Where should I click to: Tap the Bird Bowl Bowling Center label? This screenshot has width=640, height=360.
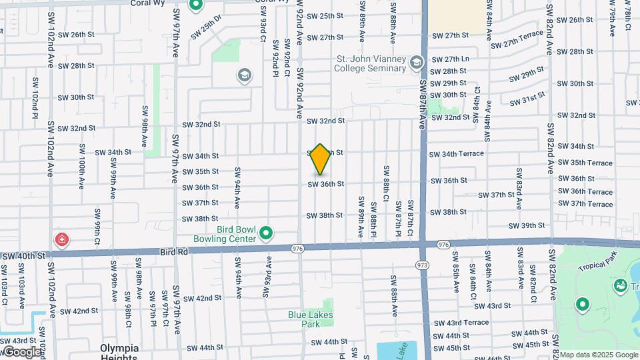225,233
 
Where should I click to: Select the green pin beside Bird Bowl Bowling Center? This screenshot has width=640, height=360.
266,233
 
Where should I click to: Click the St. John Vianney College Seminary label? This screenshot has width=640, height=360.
371,63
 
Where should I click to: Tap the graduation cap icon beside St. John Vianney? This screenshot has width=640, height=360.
417,63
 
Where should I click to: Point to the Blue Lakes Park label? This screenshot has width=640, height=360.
310,319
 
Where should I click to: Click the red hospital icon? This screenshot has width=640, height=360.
62,239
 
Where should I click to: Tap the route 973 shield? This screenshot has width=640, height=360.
423,265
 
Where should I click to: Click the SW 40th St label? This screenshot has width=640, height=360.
23,256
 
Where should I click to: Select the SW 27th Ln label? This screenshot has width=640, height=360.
451,59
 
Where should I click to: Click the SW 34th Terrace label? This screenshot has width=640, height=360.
457,154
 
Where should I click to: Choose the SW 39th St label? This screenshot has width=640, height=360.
527,226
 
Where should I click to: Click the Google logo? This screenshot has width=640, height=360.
22,352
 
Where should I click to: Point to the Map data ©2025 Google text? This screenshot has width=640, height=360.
599,355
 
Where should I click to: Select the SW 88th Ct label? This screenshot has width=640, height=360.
385,183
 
